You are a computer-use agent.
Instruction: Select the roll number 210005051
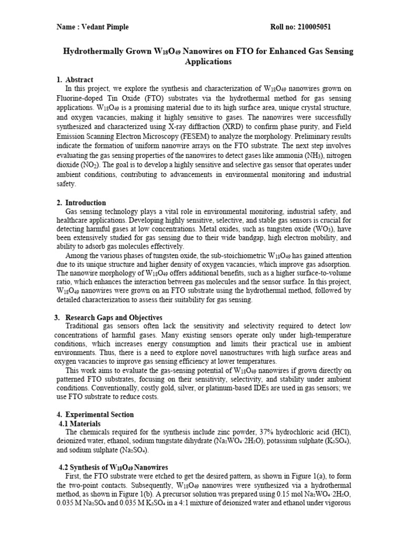tap(314, 27)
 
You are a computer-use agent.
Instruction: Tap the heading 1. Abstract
tap(75, 79)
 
